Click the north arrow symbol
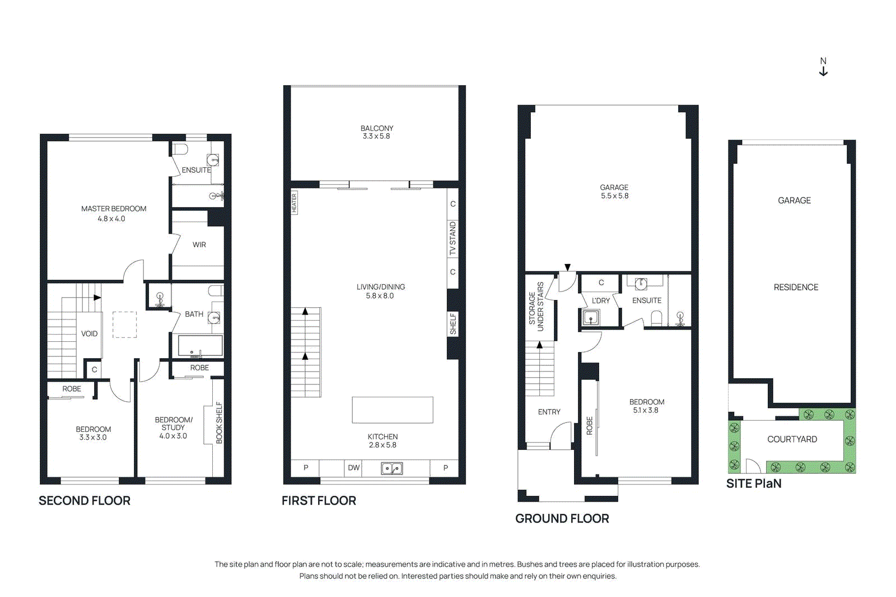pyautogui.click(x=823, y=67)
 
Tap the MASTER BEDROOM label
pyautogui.click(x=114, y=209)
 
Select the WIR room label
pyautogui.click(x=199, y=245)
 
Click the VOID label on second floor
pyautogui.click(x=89, y=333)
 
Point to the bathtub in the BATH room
pyautogui.click(x=200, y=346)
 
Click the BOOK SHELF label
pyautogui.click(x=219, y=423)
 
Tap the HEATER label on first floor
pyautogui.click(x=294, y=203)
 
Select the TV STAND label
pyautogui.click(x=453, y=238)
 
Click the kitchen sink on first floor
pyautogui.click(x=392, y=468)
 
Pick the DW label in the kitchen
pyautogui.click(x=354, y=468)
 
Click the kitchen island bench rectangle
pyautogui.click(x=392, y=410)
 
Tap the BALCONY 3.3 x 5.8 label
pyautogui.click(x=377, y=132)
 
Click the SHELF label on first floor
pyautogui.click(x=453, y=324)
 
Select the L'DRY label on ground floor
pyautogui.click(x=601, y=300)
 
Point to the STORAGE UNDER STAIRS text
pyautogui.click(x=536, y=307)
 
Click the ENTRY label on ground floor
pyautogui.click(x=549, y=412)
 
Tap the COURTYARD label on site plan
pyautogui.click(x=792, y=439)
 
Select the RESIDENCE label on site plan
pyautogui.click(x=796, y=287)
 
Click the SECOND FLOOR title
pyautogui.click(x=85, y=501)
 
